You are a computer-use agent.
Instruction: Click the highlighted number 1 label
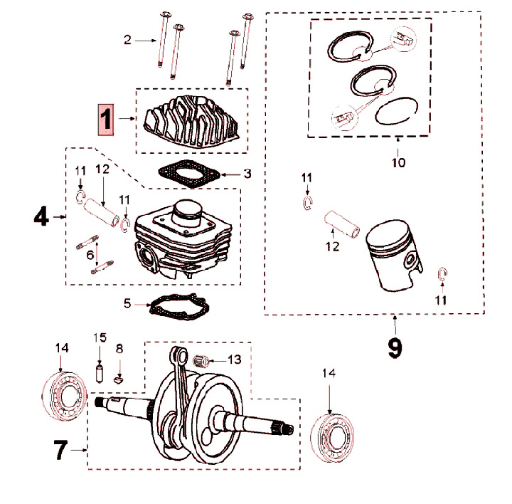coord(105,119)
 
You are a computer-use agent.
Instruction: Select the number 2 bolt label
coord(128,40)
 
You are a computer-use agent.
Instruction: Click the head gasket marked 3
coord(186,173)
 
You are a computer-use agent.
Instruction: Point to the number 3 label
coord(247,173)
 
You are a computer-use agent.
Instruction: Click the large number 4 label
coord(41,216)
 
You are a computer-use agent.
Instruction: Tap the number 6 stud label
coord(90,254)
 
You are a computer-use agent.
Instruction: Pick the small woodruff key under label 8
coord(119,378)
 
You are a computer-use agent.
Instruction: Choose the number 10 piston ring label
coord(398,163)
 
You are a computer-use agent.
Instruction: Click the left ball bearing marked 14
coord(64,396)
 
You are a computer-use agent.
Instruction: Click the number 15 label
coord(100,337)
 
